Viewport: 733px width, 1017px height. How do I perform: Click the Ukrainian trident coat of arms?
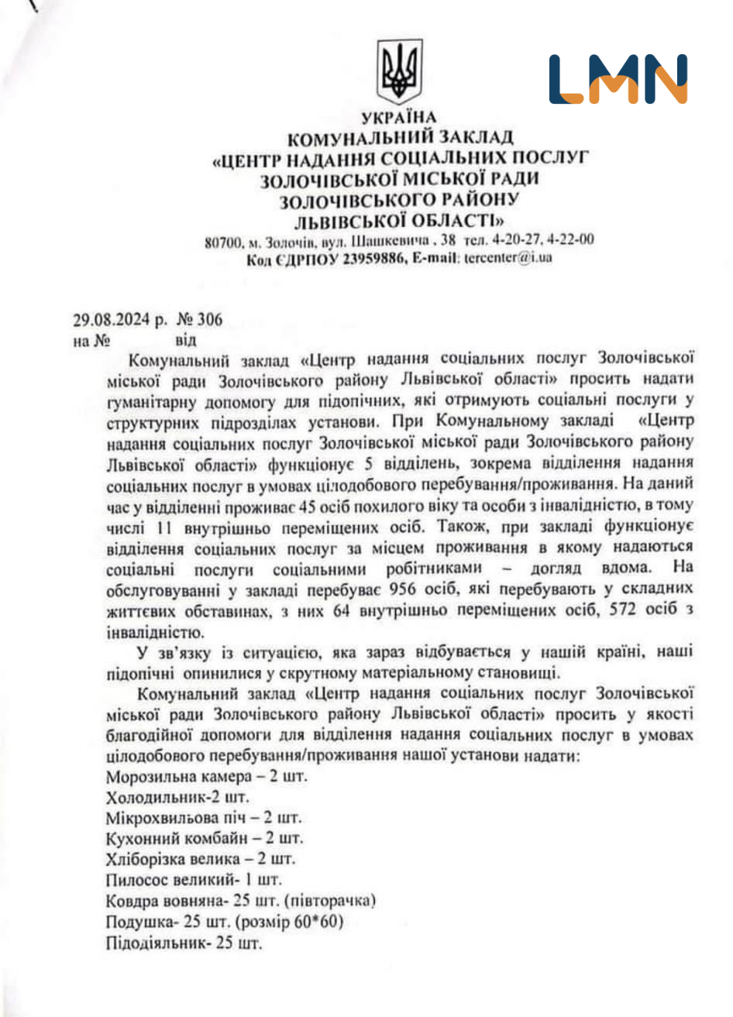point(399,72)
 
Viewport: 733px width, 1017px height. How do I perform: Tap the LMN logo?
point(618,79)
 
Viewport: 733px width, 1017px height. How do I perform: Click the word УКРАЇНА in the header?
point(399,118)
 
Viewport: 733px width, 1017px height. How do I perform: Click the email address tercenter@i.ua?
point(508,258)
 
